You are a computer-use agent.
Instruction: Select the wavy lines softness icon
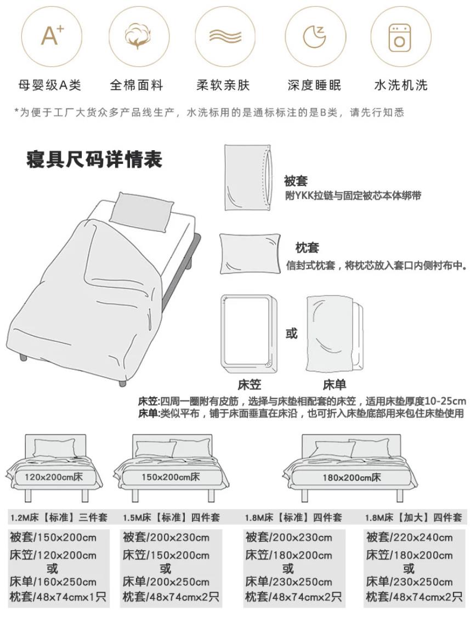tap(225, 37)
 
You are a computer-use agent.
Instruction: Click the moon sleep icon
tap(314, 37)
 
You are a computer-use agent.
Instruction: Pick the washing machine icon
tap(400, 37)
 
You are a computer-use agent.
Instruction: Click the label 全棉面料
tap(137, 85)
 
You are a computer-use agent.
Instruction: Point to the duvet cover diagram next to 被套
tap(247, 178)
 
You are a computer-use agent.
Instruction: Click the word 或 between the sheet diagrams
tap(291, 333)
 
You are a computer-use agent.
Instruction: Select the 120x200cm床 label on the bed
tap(53, 477)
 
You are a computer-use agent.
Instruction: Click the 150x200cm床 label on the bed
tap(171, 477)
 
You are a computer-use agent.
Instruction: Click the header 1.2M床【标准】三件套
tap(59, 517)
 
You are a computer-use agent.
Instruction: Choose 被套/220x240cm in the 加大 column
tap(409, 538)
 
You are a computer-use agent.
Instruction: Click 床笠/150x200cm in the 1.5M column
tap(166, 556)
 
